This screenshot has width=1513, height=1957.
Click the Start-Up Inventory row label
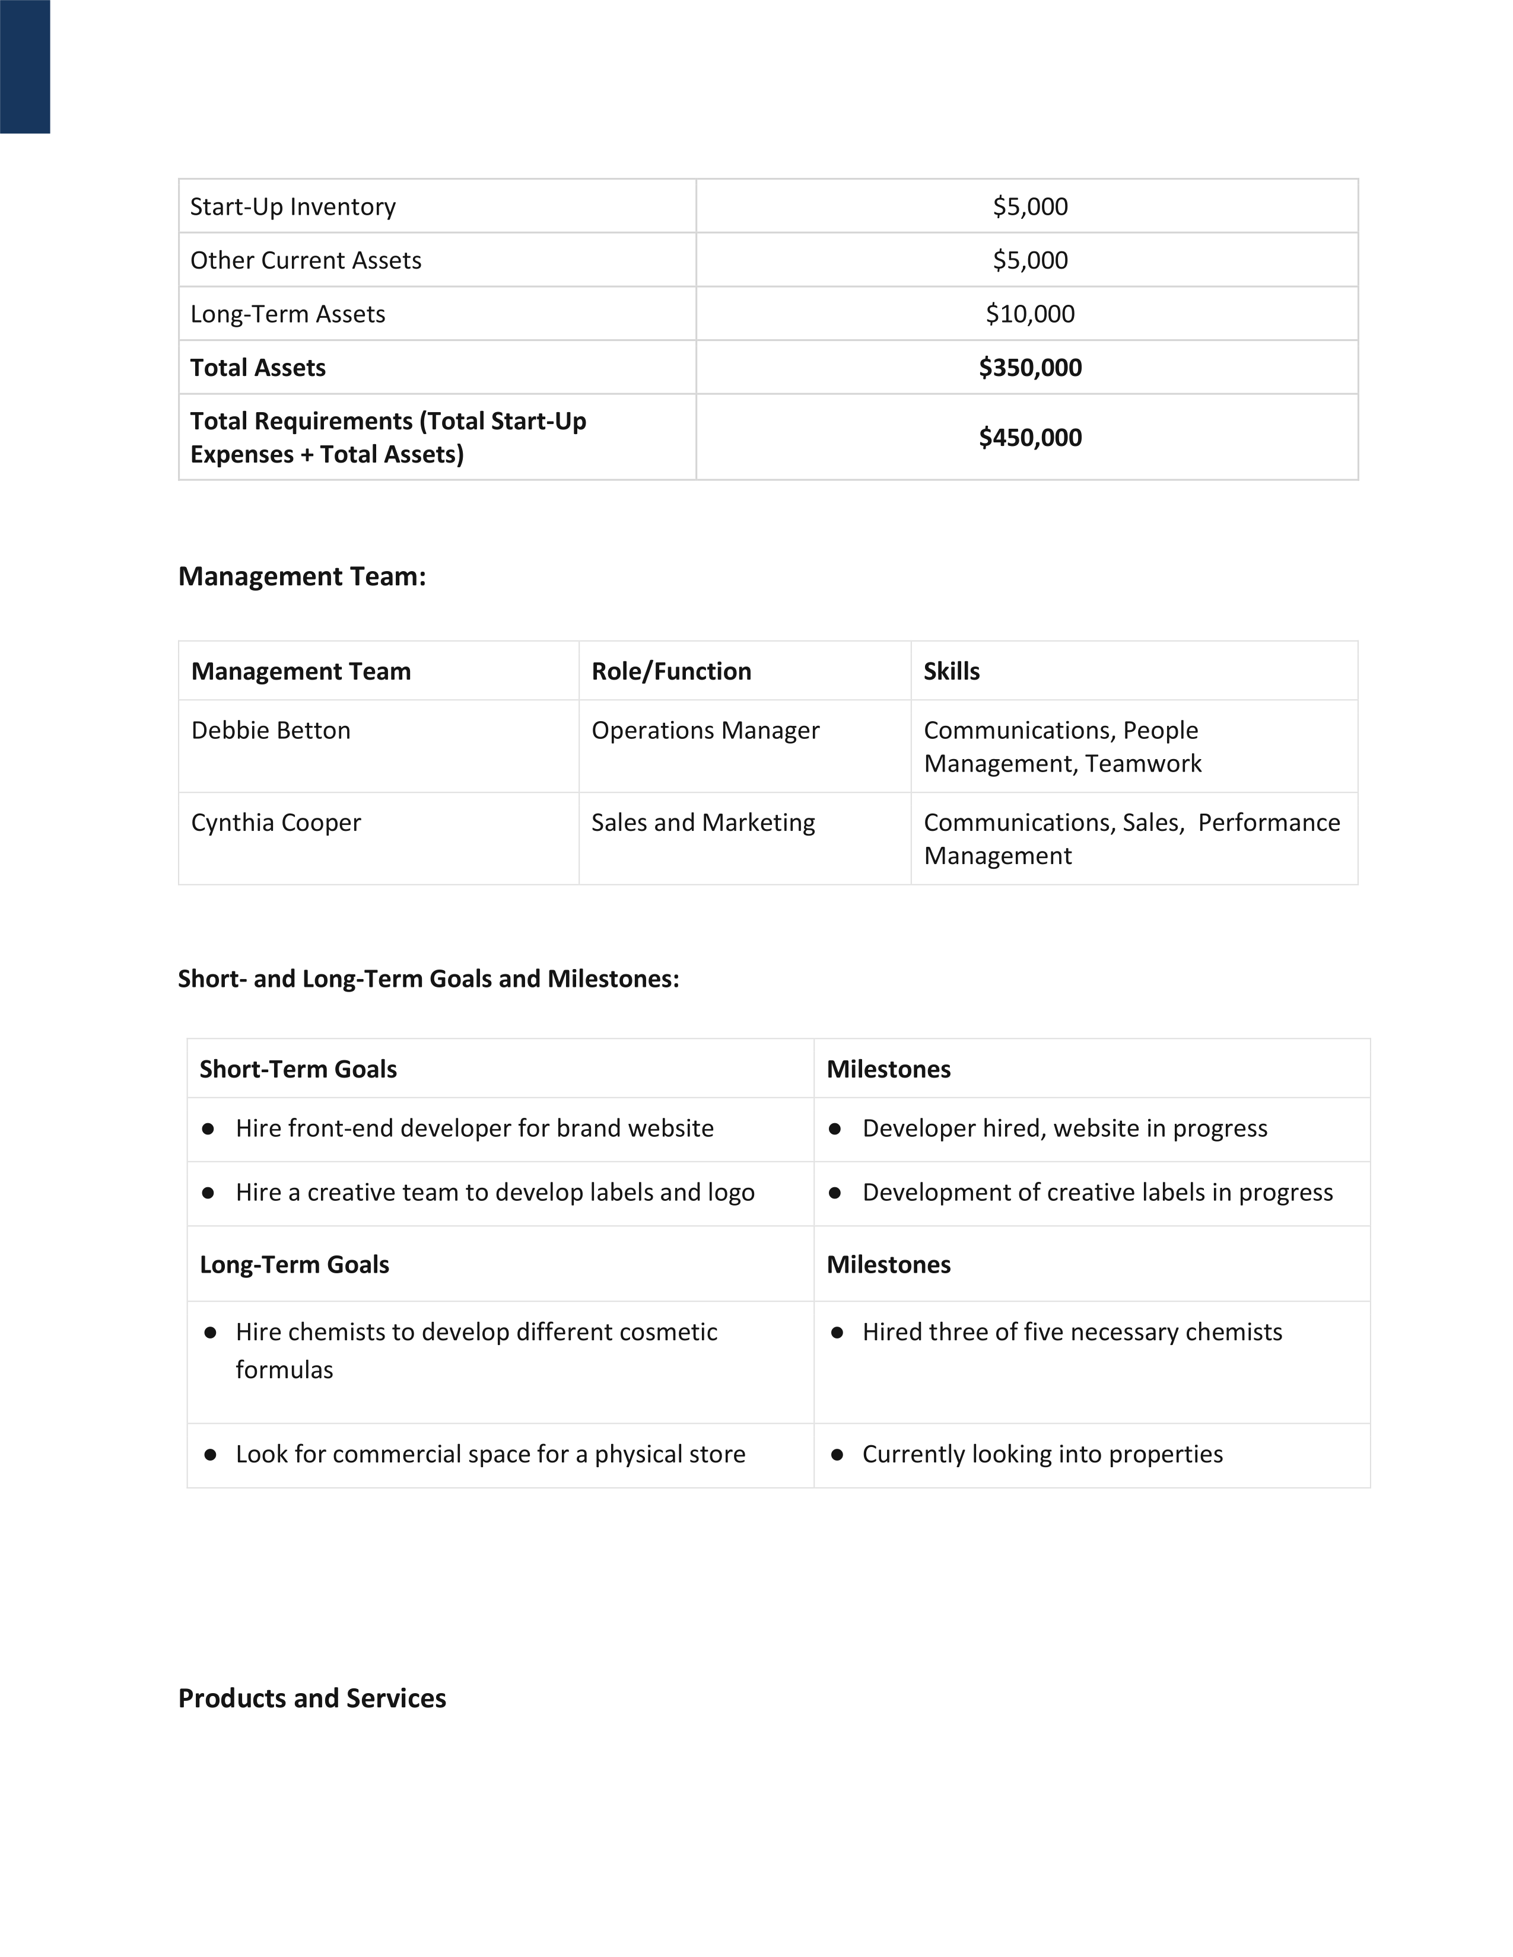(292, 207)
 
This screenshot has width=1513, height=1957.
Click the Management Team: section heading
(302, 576)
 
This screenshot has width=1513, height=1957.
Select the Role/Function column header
(670, 671)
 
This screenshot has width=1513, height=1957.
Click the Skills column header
(951, 671)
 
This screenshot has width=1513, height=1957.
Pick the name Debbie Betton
(271, 730)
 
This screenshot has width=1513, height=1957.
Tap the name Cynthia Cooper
(276, 823)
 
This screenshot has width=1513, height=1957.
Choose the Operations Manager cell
(704, 730)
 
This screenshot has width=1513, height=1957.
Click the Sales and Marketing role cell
(703, 823)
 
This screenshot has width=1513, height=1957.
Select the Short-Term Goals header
(298, 1069)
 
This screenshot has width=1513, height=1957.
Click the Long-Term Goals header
(294, 1264)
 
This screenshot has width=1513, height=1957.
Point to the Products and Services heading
(312, 1698)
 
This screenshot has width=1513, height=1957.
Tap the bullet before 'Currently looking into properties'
(836, 1454)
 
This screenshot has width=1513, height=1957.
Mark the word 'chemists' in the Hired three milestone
(1234, 1333)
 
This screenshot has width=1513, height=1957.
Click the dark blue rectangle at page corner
(25, 66)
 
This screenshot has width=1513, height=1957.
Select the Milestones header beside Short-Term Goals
(888, 1069)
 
